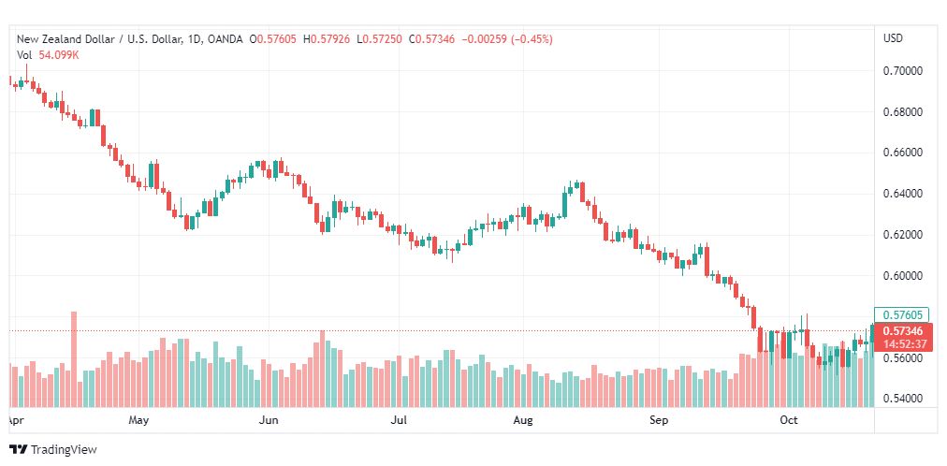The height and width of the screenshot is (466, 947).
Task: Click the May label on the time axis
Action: [138, 420]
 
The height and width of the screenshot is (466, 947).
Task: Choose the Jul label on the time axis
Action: [399, 420]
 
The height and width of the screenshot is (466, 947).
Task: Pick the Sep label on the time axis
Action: [659, 420]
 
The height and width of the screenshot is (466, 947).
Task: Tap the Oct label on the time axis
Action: [789, 420]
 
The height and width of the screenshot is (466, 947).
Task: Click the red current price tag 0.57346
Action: [902, 331]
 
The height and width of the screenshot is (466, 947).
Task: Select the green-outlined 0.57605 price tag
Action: [902, 314]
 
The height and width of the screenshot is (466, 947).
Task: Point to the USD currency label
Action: [894, 38]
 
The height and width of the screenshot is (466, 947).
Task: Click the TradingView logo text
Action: [64, 450]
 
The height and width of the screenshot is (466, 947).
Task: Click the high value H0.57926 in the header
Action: [327, 39]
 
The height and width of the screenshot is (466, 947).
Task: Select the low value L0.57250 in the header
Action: [379, 39]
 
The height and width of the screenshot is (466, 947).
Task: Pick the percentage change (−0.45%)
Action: [532, 39]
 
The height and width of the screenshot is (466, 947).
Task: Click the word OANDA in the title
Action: [226, 39]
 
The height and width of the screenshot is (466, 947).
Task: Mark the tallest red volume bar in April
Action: [74, 359]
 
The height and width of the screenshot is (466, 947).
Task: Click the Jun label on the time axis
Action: [269, 420]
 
